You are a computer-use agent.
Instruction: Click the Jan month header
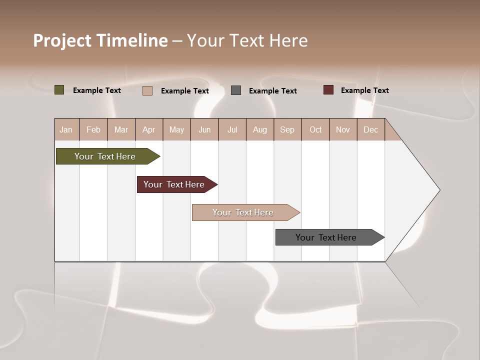(66, 129)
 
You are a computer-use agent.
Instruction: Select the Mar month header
(121, 129)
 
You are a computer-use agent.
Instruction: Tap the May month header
(176, 129)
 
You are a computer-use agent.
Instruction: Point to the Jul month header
(232, 129)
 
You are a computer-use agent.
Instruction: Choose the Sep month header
(287, 129)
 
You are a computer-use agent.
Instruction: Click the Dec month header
(370, 129)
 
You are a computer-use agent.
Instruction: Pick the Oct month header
(315, 129)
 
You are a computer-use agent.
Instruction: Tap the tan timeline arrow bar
(243, 212)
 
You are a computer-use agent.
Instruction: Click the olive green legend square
(59, 90)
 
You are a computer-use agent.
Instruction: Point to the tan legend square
(147, 90)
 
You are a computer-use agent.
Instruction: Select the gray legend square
(236, 90)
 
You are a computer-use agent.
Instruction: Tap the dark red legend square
(328, 90)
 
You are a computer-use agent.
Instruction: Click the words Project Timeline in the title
(100, 40)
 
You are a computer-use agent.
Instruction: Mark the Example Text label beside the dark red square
(364, 90)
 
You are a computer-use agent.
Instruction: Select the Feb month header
(93, 129)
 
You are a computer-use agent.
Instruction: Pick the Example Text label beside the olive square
(97, 90)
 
